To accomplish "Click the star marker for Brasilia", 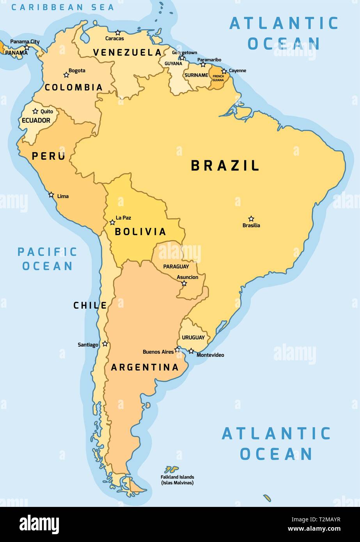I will pos(251,219).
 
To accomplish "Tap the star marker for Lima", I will pos(51,195).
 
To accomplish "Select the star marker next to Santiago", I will pos(105,344).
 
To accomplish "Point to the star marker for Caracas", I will pos(118,33).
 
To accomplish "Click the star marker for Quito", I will pos(35,111).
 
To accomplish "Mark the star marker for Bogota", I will pos(66,75).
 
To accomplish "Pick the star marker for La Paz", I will pos(112,222).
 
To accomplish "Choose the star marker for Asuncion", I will pos(184,283).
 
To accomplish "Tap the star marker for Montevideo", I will pos(191,351).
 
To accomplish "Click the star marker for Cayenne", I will pos(224,71).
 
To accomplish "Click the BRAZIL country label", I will pos(225,166).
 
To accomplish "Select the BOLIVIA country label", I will pos(140,232).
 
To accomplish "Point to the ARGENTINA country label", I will pos(145,367).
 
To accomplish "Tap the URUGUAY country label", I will pos(193,337).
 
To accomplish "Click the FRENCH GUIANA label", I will pos(218,78).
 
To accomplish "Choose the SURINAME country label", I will pos(196,75).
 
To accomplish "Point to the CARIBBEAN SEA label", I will pos(63,7).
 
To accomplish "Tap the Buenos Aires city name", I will pos(158,352).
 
